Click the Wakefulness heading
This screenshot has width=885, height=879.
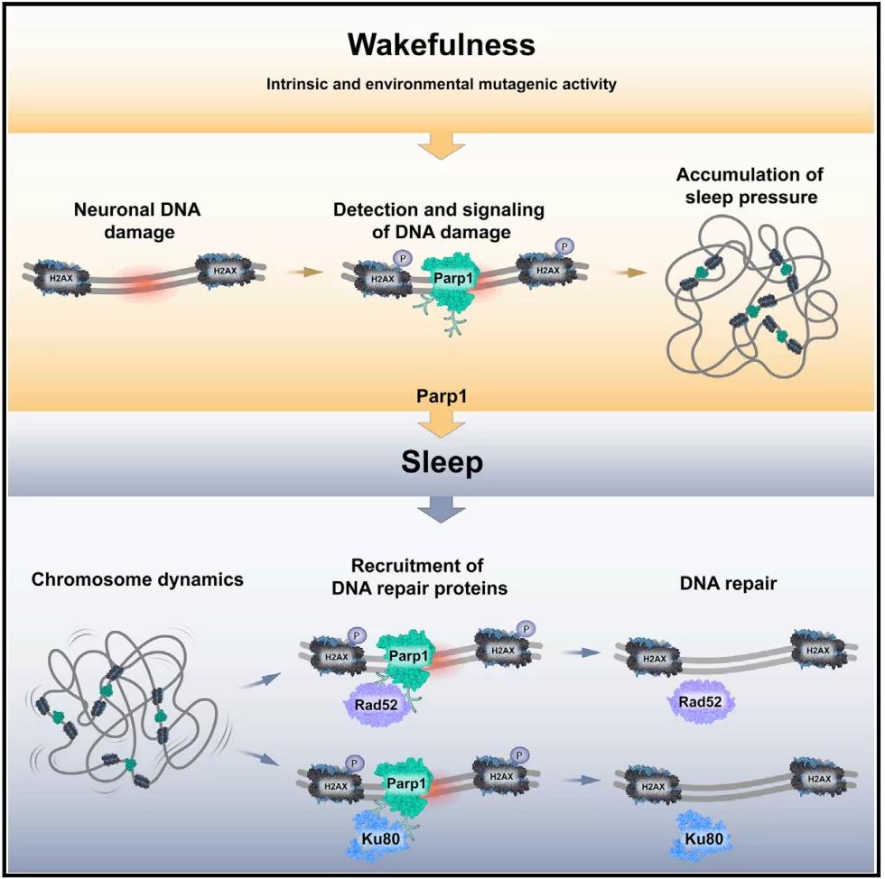pos(442,44)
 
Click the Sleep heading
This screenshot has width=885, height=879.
pos(442,463)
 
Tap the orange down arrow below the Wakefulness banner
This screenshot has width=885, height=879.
pos(442,144)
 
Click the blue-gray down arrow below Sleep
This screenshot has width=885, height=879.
pos(442,511)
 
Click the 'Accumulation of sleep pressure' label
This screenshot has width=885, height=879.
pos(750,185)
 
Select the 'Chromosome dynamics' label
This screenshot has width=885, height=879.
pos(137,579)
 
